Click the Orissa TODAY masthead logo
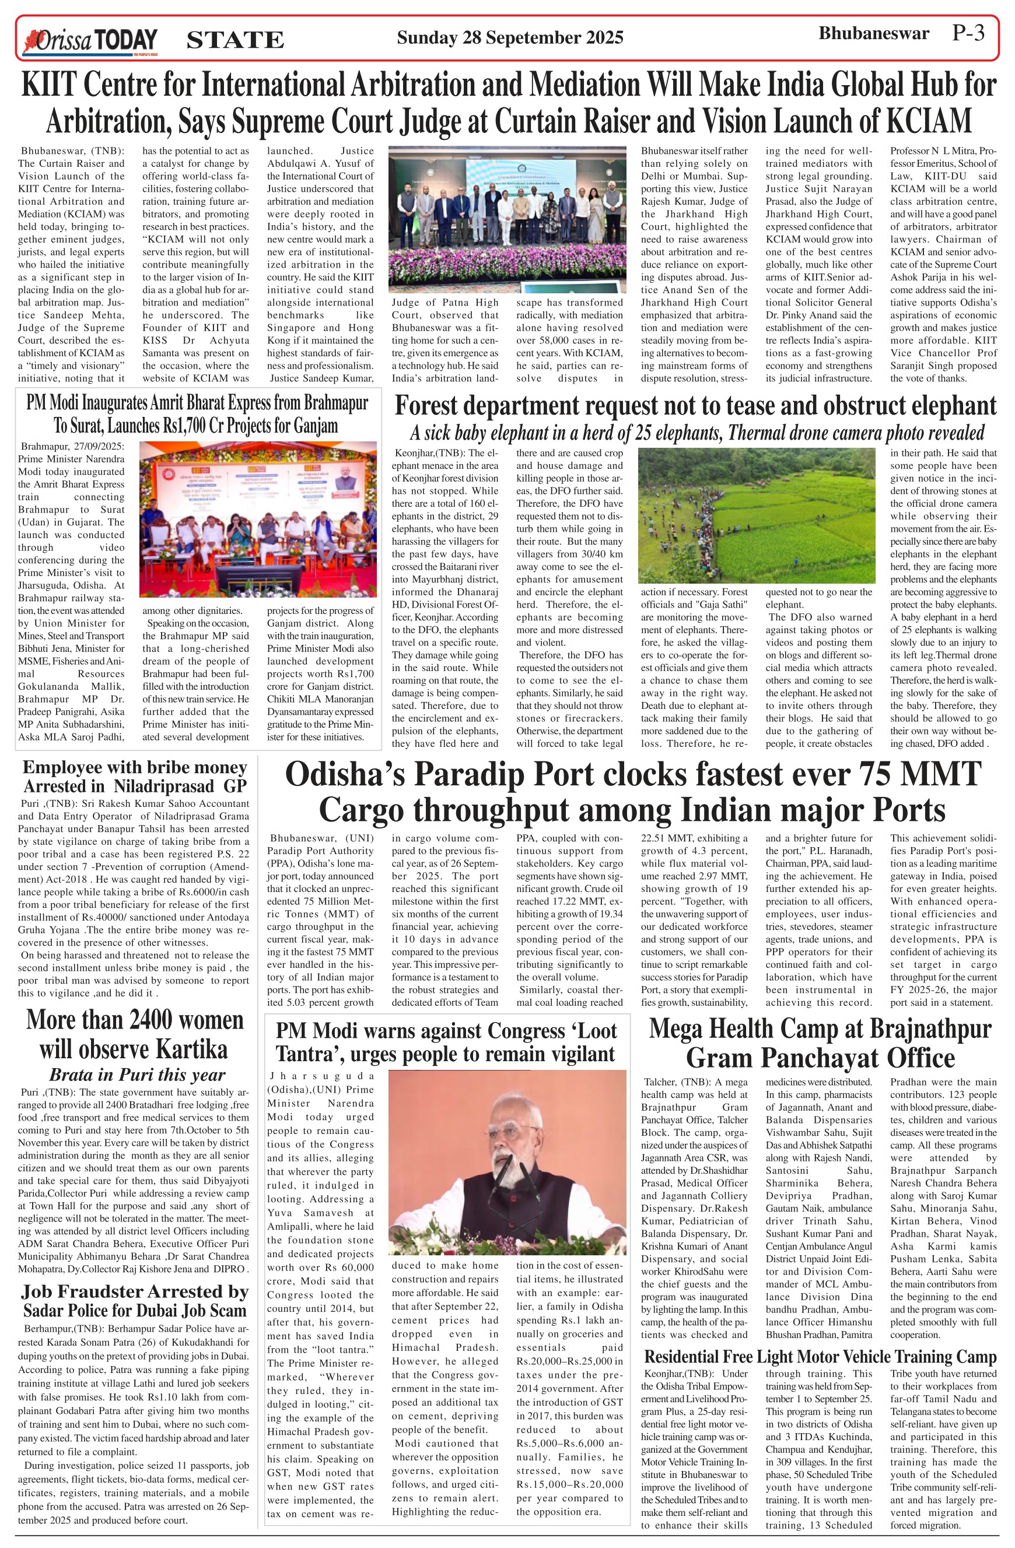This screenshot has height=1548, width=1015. [90, 40]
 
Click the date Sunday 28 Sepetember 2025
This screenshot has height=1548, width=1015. [509, 38]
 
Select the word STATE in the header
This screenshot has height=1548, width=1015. [235, 40]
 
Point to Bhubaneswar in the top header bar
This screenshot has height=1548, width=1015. [873, 34]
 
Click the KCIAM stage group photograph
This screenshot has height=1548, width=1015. [507, 219]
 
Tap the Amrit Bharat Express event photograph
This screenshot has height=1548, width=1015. [258, 519]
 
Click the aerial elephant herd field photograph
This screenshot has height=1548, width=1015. [756, 515]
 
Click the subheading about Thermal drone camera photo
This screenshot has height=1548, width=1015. [697, 433]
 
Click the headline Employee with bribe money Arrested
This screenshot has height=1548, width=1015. [135, 777]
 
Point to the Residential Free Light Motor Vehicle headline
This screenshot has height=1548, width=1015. [820, 1357]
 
